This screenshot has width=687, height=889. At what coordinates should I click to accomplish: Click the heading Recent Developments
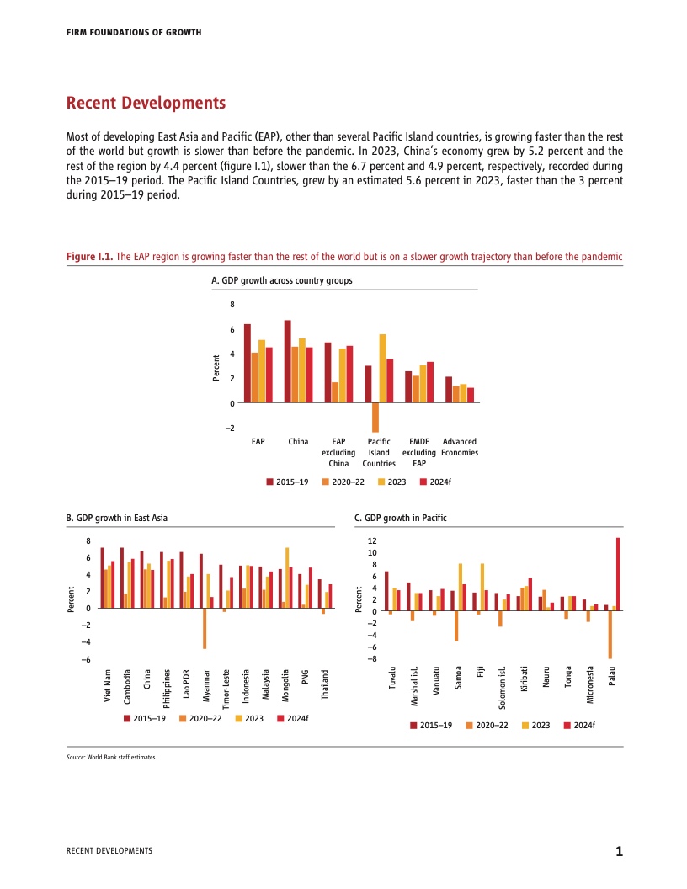coord(146,104)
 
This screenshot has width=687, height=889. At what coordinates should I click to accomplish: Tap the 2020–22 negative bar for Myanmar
coord(205,628)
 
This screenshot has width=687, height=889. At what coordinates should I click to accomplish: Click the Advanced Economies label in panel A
coord(460,447)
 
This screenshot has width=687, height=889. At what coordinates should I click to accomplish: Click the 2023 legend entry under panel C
coord(537,724)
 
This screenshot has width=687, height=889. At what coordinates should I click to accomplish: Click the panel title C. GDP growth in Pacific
coord(400,518)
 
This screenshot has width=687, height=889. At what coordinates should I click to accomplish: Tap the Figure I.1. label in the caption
coord(88,257)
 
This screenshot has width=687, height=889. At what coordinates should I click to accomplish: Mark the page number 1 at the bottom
coord(619,852)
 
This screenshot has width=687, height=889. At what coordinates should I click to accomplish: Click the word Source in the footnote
coord(75,757)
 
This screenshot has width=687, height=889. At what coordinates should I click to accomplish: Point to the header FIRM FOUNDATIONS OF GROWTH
coord(133,32)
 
